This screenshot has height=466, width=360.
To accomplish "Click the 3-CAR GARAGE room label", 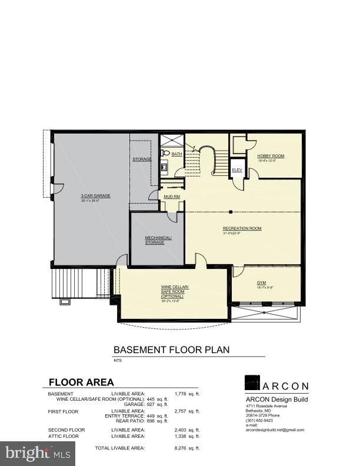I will tap(95, 196).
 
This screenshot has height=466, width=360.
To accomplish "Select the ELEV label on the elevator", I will tap(237, 170).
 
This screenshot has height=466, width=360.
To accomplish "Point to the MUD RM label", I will tap(164, 197).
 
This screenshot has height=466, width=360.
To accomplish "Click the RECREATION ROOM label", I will tap(242, 228).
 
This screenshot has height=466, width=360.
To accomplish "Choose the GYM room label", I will tap(261, 282).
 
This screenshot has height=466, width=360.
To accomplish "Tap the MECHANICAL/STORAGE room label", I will tap(158, 239).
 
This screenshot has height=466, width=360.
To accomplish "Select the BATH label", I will tap(176, 154).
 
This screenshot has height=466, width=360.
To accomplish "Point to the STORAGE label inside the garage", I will tap(142, 159).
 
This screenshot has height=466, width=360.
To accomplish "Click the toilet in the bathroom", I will tap(165, 153).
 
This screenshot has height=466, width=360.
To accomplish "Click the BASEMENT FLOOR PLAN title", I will tap(171, 349).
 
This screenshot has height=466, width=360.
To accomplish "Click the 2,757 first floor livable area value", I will tap(184, 411).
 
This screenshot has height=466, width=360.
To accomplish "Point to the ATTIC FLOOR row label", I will tap(64, 436).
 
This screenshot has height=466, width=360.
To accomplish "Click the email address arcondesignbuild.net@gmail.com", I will tap(275, 430).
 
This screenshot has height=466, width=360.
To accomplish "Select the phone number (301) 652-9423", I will tap(259, 420).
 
